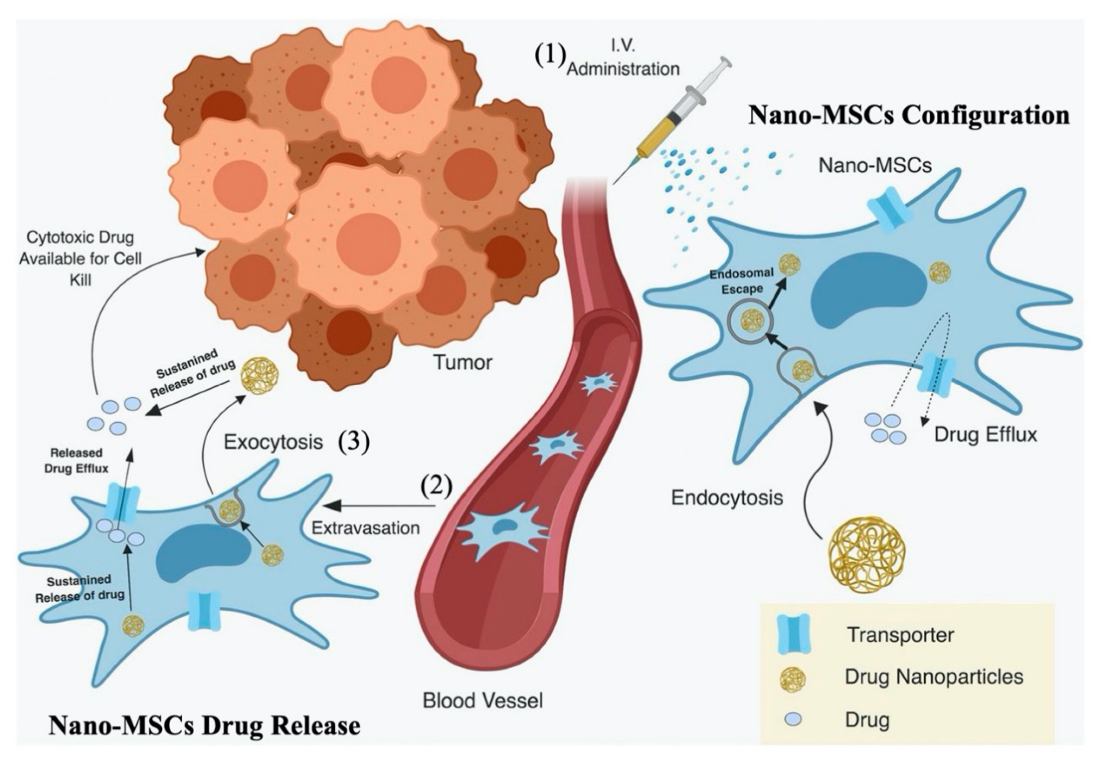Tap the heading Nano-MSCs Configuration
click(x=908, y=116)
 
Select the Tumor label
click(x=463, y=363)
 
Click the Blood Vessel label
click(x=482, y=701)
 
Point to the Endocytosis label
click(x=727, y=498)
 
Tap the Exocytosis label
click(x=273, y=442)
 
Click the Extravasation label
click(x=366, y=527)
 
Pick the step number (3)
click(x=354, y=443)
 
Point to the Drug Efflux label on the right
click(x=986, y=434)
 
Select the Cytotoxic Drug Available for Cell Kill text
click(x=80, y=258)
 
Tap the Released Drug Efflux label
click(x=77, y=460)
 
